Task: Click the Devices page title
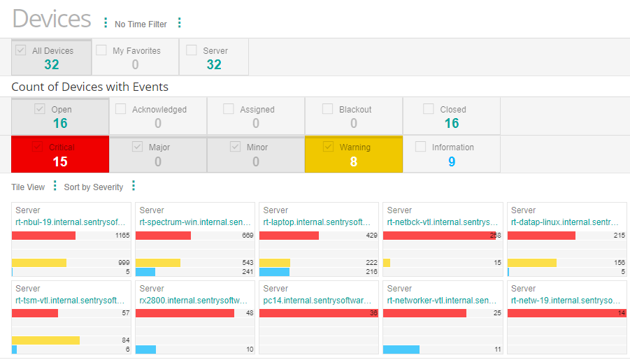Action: point(52,19)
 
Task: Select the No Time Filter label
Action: point(141,24)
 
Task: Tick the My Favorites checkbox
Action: point(101,50)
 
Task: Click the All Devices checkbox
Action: point(21,50)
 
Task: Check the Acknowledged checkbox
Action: point(121,109)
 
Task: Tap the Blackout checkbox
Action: point(328,109)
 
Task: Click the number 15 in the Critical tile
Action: point(60,161)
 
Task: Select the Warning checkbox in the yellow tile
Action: point(329,147)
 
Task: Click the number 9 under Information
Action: point(452,161)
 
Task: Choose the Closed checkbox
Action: point(429,109)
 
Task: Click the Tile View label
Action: point(28,187)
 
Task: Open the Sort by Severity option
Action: point(93,187)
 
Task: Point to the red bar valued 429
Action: point(289,236)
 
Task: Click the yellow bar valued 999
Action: point(39,263)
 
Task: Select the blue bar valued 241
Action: point(145,272)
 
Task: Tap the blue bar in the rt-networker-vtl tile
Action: point(401,349)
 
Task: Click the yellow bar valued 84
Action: point(45,340)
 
